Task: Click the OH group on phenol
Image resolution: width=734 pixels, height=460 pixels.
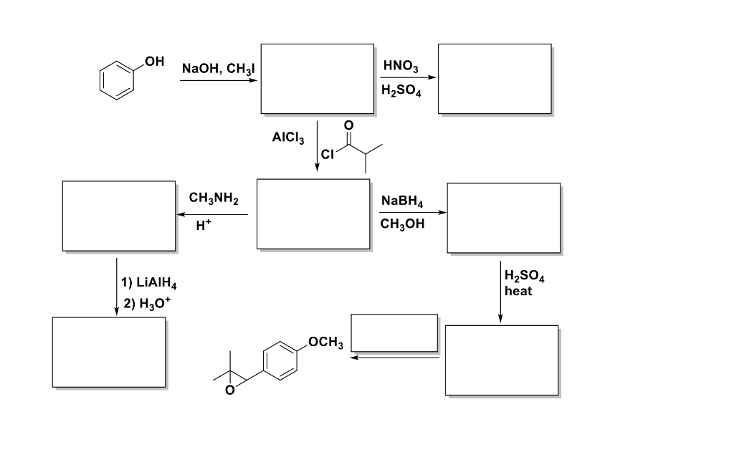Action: [x=154, y=61]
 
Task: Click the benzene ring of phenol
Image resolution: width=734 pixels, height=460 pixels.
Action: [x=117, y=80]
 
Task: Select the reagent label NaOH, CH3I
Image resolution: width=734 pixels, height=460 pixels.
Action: [x=219, y=69]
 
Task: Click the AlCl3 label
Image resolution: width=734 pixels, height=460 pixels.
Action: [x=289, y=139]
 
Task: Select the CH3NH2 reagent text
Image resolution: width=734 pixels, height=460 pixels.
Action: [x=214, y=198]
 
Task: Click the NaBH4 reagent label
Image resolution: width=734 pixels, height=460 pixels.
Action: [x=402, y=202]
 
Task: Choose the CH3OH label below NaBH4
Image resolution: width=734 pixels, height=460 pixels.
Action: [x=402, y=224]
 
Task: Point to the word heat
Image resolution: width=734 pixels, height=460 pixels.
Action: [x=518, y=291]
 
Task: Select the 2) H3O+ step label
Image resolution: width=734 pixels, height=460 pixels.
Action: [x=147, y=303]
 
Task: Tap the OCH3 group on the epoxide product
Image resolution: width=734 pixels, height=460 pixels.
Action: [x=326, y=342]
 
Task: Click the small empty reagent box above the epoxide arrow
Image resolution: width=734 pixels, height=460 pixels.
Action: [x=394, y=332]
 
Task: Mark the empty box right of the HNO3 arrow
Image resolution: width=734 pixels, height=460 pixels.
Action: [x=495, y=79]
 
